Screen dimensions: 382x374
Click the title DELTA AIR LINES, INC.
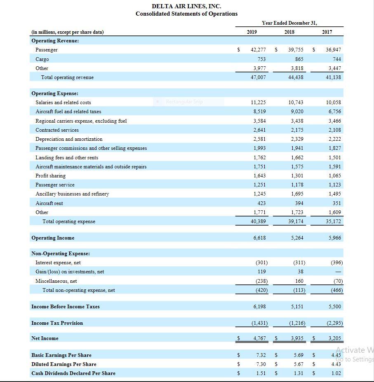click(x=186, y=6)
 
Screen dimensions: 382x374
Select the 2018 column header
click(x=290, y=32)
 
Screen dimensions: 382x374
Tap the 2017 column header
click(x=327, y=32)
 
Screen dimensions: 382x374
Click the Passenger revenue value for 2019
click(x=258, y=50)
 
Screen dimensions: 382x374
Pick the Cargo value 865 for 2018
click(x=299, y=59)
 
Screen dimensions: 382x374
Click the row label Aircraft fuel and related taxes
click(x=68, y=112)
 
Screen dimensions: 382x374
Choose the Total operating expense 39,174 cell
click(x=296, y=221)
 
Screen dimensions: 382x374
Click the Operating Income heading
click(x=53, y=238)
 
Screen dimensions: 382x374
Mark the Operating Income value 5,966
click(x=335, y=238)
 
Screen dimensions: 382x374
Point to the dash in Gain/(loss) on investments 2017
click(x=338, y=272)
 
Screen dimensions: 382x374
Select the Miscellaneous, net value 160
click(x=299, y=281)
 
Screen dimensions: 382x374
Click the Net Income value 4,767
click(x=259, y=338)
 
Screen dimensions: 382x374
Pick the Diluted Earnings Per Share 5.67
click(x=299, y=364)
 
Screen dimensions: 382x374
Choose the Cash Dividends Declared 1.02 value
click(x=336, y=373)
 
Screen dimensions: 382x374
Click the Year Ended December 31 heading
click(x=289, y=23)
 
